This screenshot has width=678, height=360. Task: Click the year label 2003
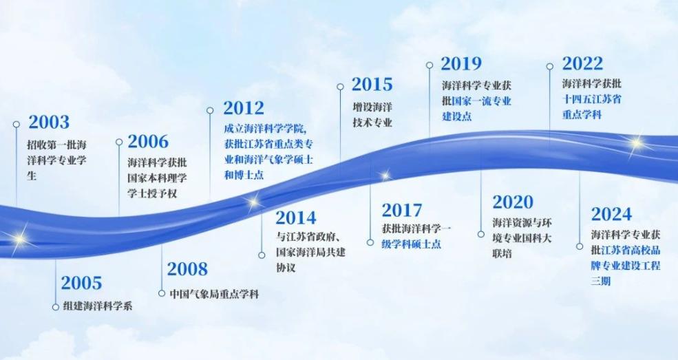pyautogui.click(x=49, y=123)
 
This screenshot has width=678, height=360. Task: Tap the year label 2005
pyautogui.click(x=81, y=283)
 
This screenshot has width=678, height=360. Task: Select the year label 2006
pyautogui.click(x=148, y=142)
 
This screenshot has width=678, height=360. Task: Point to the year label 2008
pyautogui.click(x=187, y=268)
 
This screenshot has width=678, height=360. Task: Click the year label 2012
pyautogui.click(x=244, y=108)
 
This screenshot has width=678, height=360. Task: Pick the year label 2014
pyautogui.click(x=296, y=218)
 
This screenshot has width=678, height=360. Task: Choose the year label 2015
pyautogui.click(x=372, y=85)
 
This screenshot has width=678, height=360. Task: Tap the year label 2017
pyautogui.click(x=402, y=210)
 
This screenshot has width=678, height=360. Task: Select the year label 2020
pyautogui.click(x=513, y=202)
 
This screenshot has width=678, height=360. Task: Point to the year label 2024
pyautogui.click(x=611, y=213)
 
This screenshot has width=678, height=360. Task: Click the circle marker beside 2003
pyautogui.click(x=17, y=125)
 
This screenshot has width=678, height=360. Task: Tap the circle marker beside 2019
pyautogui.click(x=430, y=65)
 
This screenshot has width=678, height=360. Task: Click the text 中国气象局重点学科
pyautogui.click(x=214, y=293)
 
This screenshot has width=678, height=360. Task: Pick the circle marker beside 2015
pyautogui.click(x=340, y=87)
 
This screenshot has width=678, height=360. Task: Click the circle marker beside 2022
pyautogui.click(x=550, y=66)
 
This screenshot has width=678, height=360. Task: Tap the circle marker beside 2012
pyautogui.click(x=211, y=109)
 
